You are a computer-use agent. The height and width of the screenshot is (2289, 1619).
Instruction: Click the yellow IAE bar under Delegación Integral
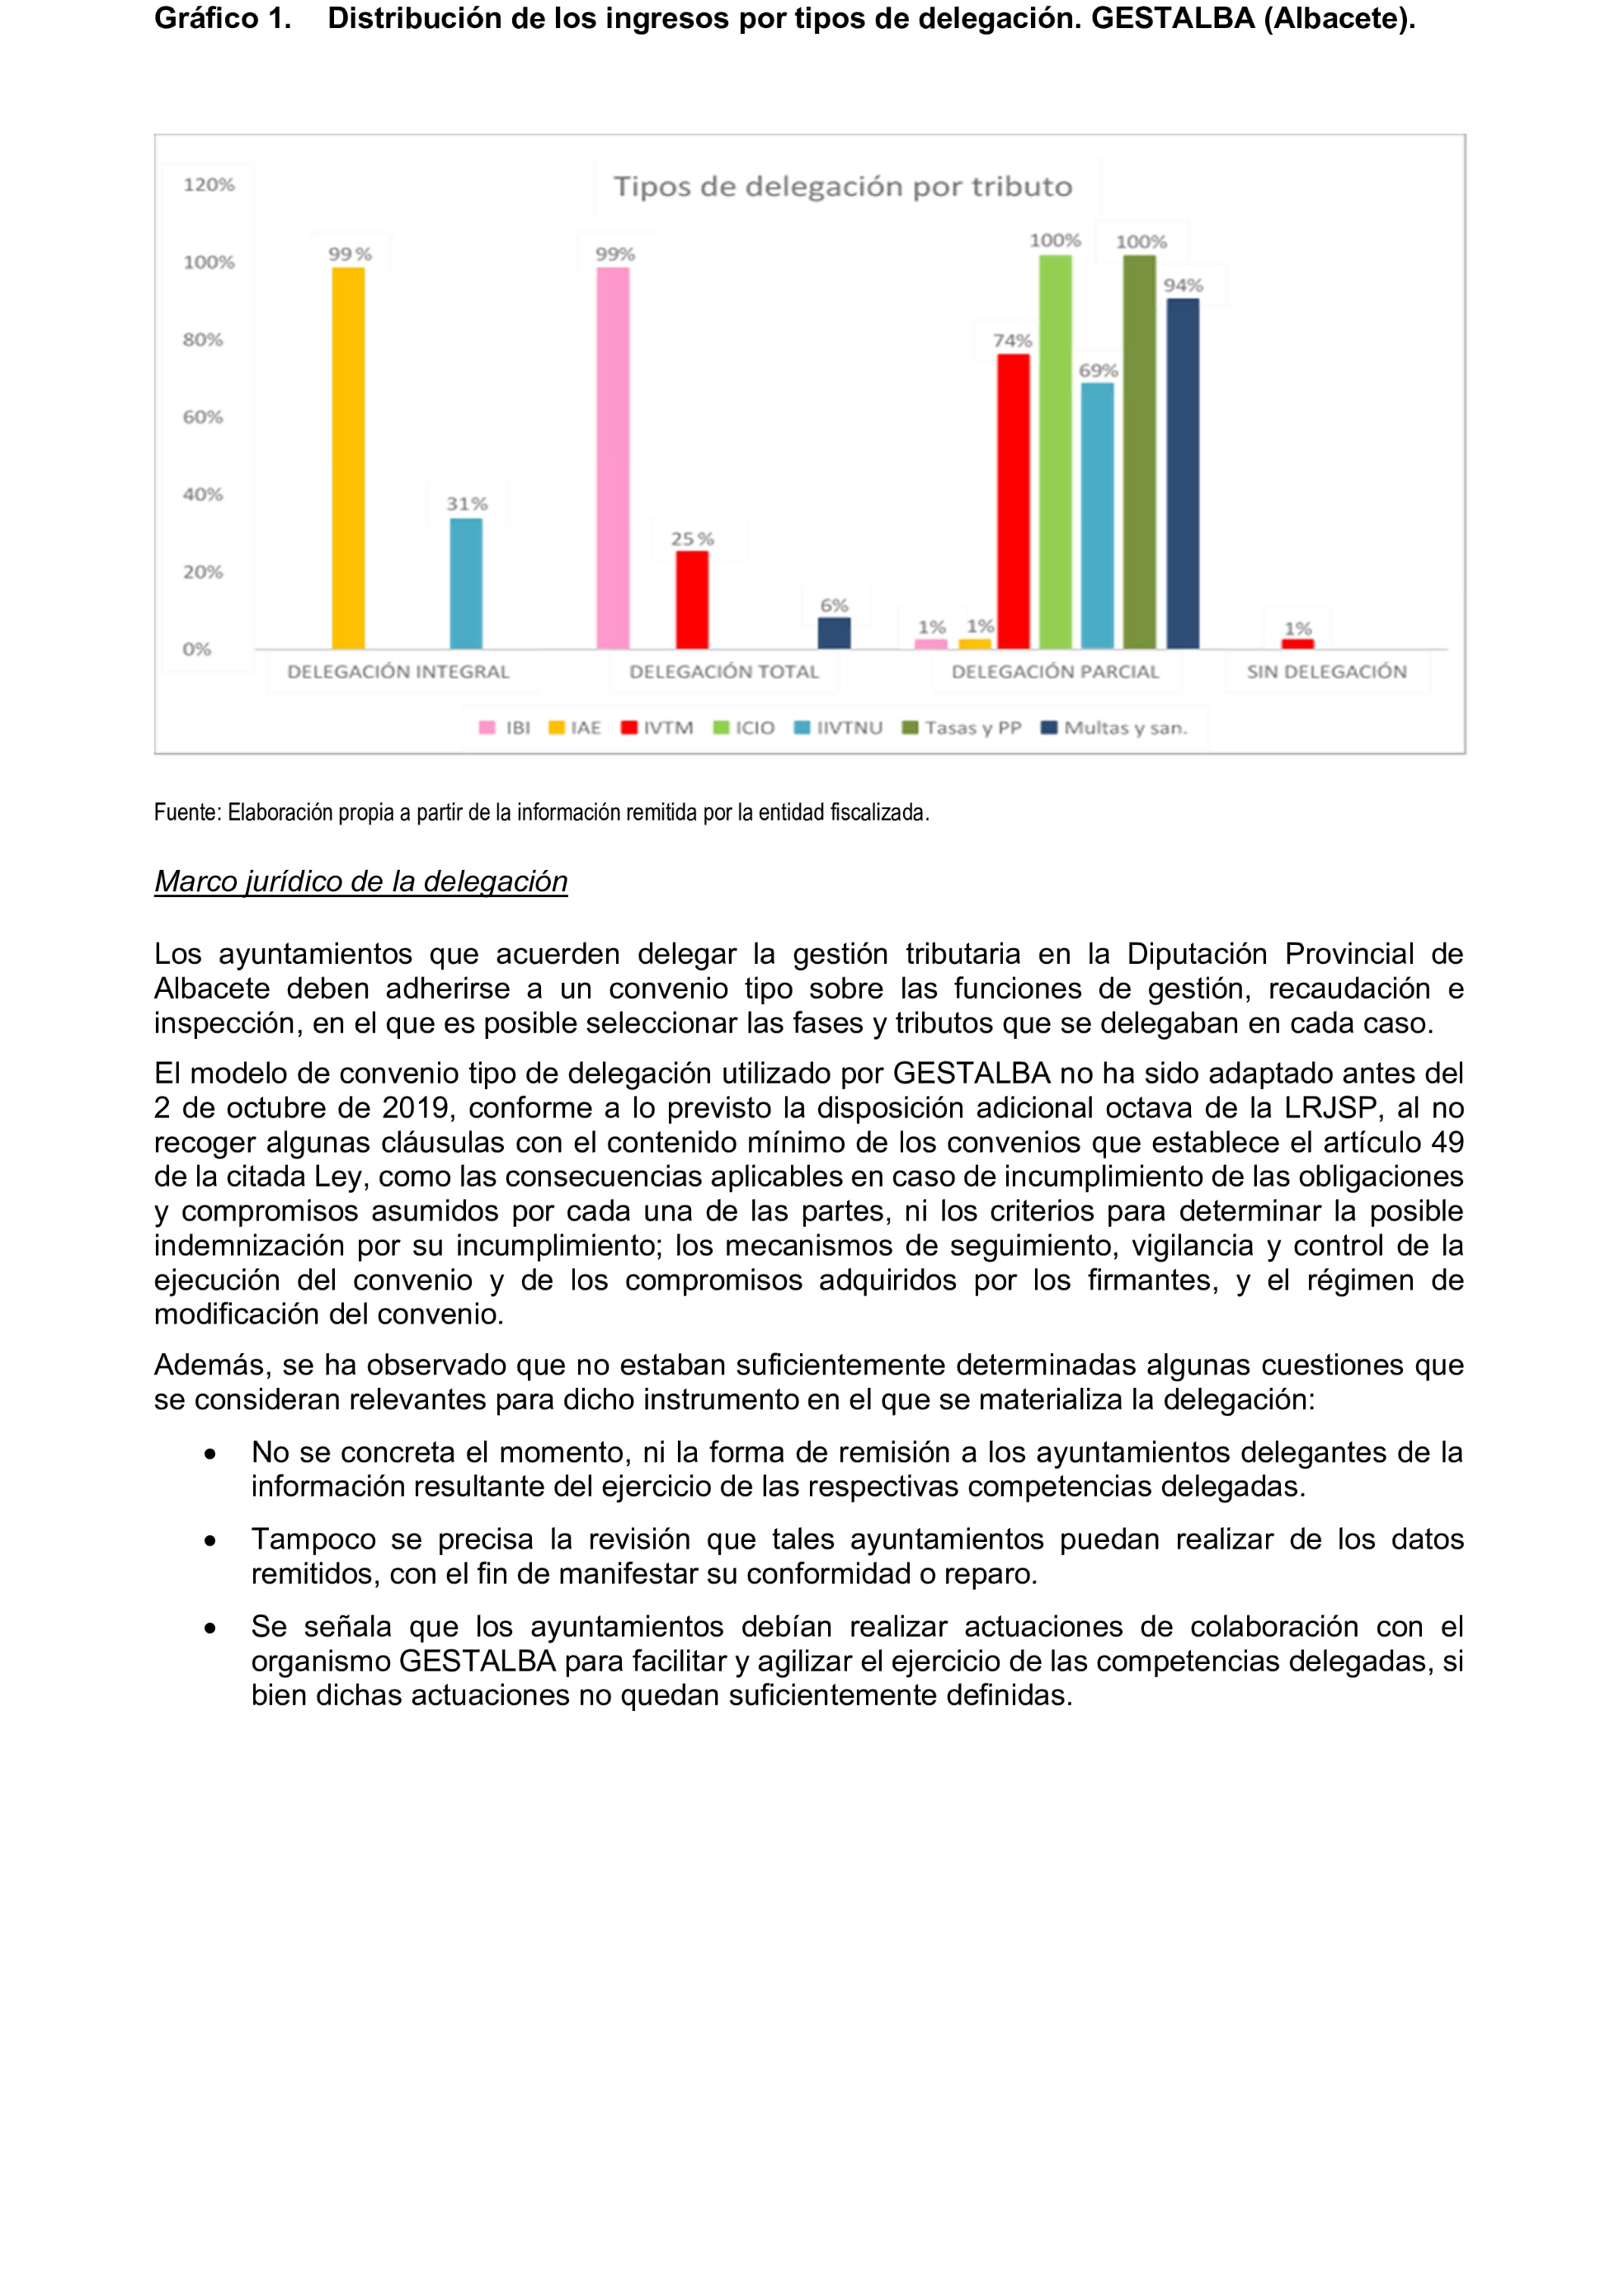pos(348,458)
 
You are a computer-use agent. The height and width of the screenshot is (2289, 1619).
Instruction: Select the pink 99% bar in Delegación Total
pos(613,458)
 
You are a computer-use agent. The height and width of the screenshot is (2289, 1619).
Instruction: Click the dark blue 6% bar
pos(835,633)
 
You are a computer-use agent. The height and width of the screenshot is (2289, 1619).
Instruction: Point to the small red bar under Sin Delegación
pos(1297,644)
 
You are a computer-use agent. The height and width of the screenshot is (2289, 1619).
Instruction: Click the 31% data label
pos(467,504)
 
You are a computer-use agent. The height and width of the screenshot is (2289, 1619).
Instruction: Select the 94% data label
pos(1184,285)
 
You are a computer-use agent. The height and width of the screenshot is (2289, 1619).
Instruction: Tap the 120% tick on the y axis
pos(209,185)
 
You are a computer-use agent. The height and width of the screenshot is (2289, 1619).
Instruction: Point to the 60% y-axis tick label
pos(202,416)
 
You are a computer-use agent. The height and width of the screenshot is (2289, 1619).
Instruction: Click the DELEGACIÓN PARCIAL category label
pos(1055,672)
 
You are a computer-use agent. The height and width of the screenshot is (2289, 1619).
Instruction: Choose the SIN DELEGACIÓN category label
pos(1326,672)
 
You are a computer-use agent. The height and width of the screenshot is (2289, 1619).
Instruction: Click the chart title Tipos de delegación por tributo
pos(842,186)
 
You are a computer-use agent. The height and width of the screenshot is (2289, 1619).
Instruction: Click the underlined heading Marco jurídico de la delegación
pos(361,881)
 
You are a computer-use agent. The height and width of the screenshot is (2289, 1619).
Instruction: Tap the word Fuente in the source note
pos(186,812)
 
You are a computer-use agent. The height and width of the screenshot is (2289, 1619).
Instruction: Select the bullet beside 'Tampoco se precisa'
pos(210,1541)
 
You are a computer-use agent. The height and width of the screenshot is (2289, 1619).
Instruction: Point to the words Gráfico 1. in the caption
pos(223,19)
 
